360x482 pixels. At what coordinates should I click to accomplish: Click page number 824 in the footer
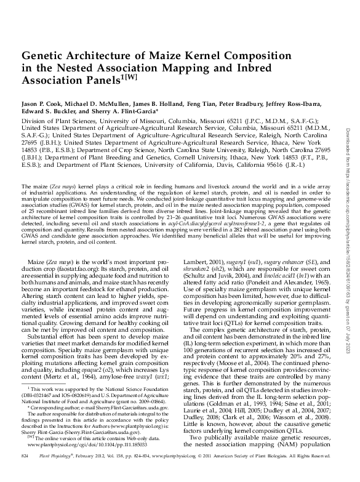pos(25,472)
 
